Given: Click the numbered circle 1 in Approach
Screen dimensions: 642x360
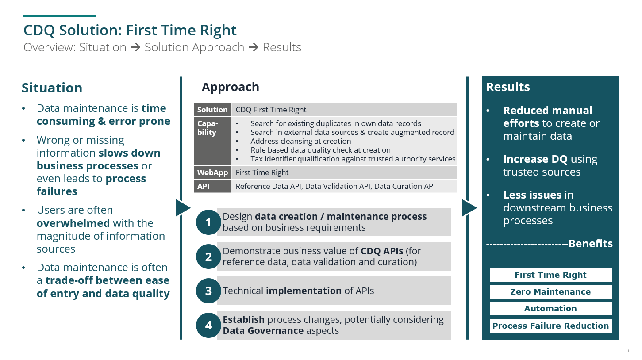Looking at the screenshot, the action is pos(208,222).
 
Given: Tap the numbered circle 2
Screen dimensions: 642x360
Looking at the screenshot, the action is pos(208,257).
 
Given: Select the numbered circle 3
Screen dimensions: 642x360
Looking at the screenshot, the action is pos(208,291).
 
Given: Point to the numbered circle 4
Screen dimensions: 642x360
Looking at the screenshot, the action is pos(208,326).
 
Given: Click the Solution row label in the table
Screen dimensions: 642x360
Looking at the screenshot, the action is pos(212,110).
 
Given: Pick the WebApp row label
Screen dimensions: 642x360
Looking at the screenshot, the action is pos(212,172).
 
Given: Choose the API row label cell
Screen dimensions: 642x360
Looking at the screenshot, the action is pos(212,186).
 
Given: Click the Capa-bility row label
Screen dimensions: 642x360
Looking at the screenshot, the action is pos(212,141).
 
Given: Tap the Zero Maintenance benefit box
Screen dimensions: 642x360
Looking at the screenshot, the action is pos(550,291).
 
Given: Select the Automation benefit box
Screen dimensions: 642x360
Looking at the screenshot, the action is pos(550,308).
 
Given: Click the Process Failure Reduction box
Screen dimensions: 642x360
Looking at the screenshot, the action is pos(550,326).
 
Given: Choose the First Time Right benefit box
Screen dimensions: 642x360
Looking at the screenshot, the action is pos(550,275).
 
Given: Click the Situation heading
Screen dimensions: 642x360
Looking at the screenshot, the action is pos(52,88).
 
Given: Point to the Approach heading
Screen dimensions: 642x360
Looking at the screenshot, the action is pos(231,87).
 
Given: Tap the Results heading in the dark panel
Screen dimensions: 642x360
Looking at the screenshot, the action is pos(508,87).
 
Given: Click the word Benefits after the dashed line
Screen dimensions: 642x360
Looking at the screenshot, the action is pos(591,243).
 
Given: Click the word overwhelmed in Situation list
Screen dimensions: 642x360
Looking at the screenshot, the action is pos(73,223).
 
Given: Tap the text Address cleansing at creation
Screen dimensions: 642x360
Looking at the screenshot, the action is pos(301,141).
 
